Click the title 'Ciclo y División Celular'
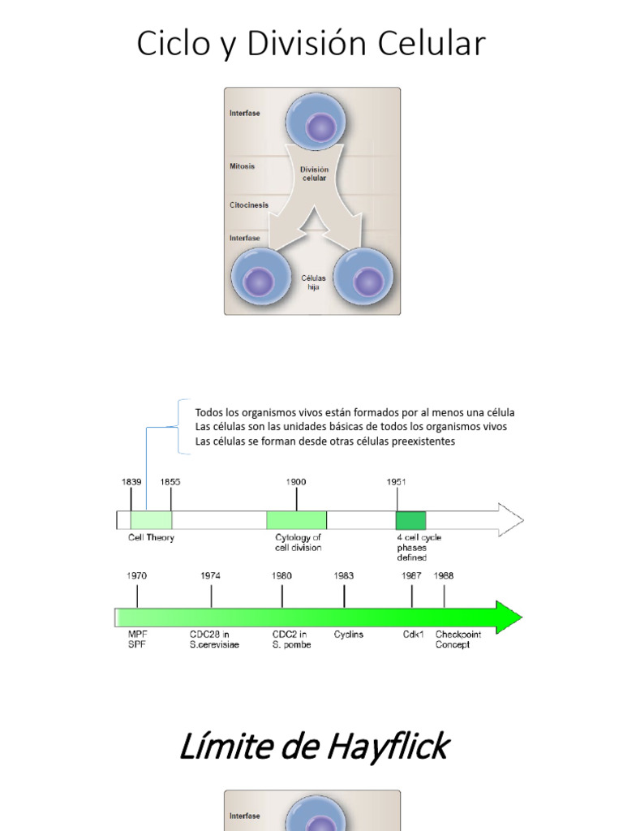(311, 43)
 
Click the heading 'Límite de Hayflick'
(312, 746)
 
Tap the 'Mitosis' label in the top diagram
(242, 166)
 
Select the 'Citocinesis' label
(248, 205)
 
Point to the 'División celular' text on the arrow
(314, 174)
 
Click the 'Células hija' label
(313, 282)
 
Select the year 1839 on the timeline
(131, 482)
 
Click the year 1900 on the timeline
(296, 482)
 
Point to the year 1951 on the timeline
(396, 482)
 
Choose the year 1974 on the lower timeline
(211, 575)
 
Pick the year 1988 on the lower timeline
(444, 575)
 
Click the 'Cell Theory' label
(151, 537)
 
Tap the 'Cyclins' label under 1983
(349, 635)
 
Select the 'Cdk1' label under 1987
(413, 635)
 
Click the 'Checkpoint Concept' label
(458, 639)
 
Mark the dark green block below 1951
(410, 520)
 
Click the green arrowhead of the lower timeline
(508, 618)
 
